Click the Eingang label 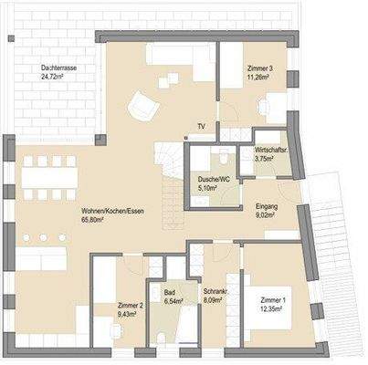click(266, 207)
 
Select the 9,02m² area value click(265, 217)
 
